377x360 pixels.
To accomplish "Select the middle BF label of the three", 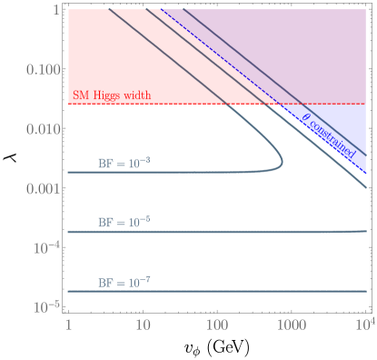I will (x=118, y=222).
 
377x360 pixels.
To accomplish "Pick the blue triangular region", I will (x=341, y=136).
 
